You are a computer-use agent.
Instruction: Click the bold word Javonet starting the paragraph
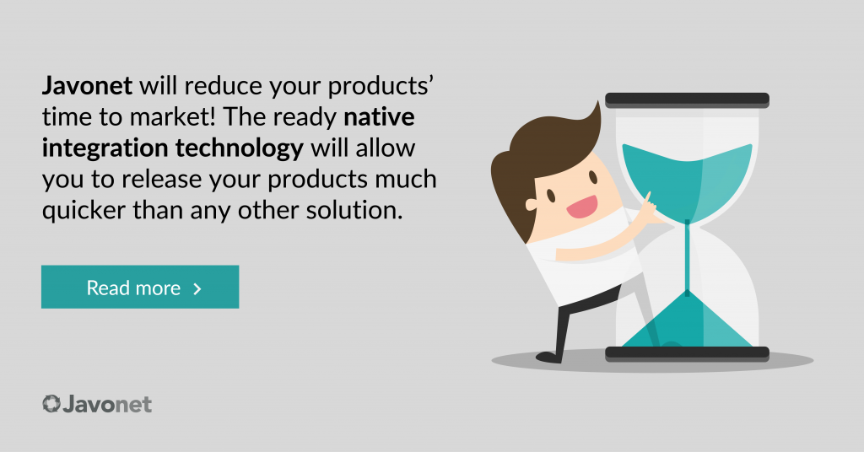87,86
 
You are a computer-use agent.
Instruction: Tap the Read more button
140,287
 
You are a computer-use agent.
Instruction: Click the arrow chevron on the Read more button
197,288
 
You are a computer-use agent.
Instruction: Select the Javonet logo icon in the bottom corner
51,404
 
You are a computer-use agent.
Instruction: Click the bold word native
379,116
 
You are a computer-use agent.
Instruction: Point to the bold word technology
240,148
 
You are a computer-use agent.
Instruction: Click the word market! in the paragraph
171,116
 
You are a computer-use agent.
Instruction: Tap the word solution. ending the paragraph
354,210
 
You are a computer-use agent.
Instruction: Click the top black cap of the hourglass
687,100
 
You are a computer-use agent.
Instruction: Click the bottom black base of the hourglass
687,353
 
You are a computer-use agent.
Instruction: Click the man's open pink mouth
582,207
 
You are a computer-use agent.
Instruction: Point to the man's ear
531,205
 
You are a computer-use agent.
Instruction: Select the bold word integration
105,148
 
